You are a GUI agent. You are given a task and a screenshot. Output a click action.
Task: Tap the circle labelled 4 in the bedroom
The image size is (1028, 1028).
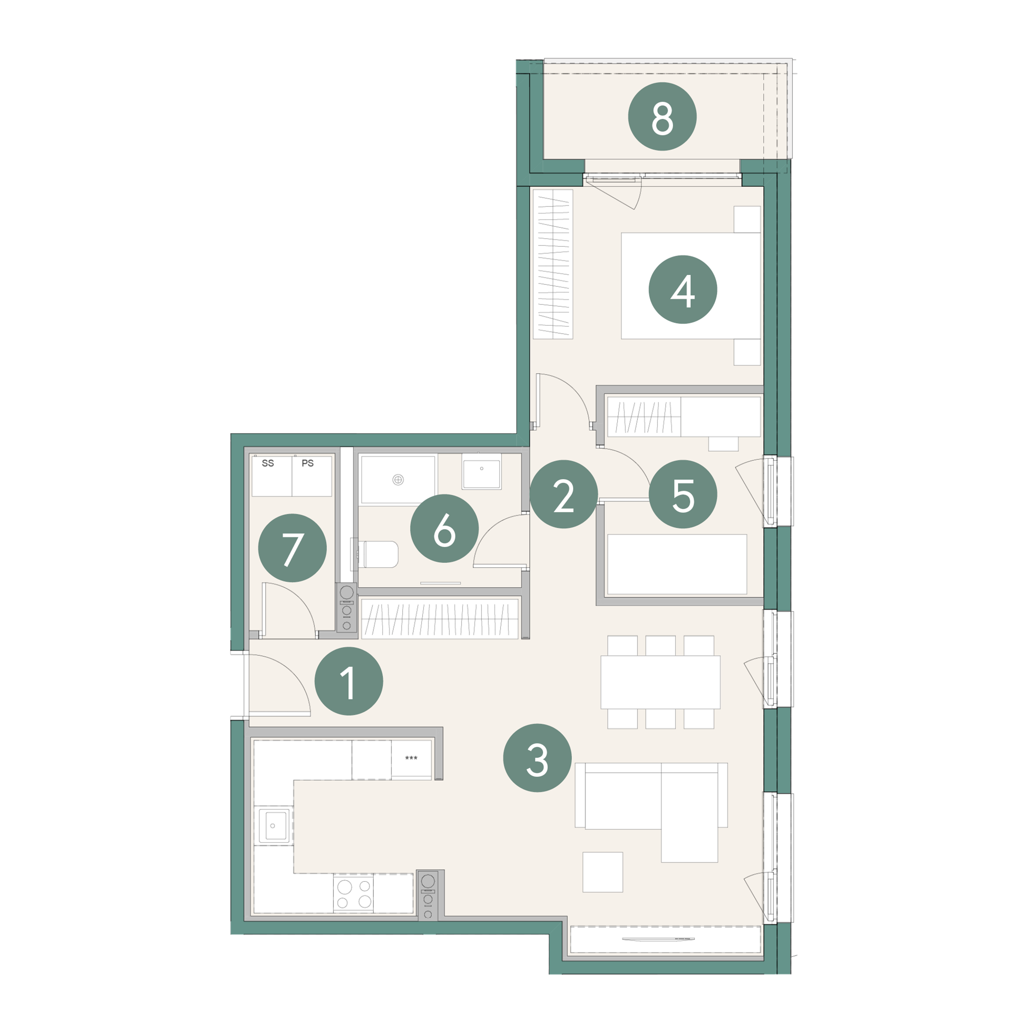coord(683,290)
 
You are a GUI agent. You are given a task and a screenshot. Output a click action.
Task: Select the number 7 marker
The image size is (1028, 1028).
coord(292,547)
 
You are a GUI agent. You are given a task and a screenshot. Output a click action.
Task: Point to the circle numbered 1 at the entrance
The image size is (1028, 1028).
coord(349,681)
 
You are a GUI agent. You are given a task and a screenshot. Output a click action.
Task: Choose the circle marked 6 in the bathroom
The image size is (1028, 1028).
coord(444,529)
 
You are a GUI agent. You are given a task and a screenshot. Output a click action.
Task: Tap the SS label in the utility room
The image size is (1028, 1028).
coord(268,463)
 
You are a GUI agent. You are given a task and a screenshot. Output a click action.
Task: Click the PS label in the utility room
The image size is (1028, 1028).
coord(308,463)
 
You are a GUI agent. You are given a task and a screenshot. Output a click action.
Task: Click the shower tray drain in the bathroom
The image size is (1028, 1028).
coord(397,480)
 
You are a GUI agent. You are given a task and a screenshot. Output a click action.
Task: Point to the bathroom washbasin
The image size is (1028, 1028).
coord(481,472)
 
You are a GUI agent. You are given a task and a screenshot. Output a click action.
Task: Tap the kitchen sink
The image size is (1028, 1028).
coord(274,825)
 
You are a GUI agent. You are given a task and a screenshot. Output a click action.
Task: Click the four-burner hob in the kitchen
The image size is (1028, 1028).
coord(353,894)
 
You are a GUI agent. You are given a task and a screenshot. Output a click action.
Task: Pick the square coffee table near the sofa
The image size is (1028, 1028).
coord(602,872)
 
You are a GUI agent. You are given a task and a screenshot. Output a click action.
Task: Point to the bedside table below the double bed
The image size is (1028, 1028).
coord(747,352)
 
